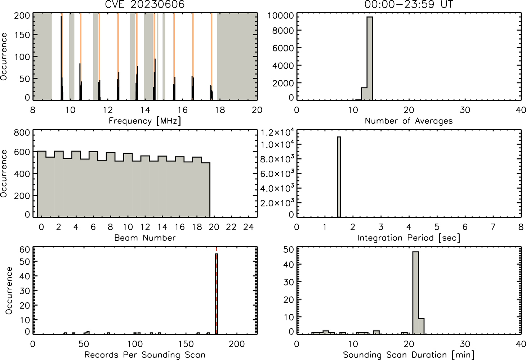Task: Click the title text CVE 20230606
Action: (x=145, y=4)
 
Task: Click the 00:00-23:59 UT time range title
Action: (x=409, y=4)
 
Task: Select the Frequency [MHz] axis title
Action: (x=145, y=121)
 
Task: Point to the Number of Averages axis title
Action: (x=409, y=121)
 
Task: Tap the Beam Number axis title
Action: (x=145, y=238)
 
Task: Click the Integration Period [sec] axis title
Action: (x=409, y=238)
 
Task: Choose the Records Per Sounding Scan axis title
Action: (x=145, y=355)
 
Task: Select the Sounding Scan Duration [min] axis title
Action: (x=409, y=355)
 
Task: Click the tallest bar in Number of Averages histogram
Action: (x=370, y=58)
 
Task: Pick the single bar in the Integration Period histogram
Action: (x=339, y=177)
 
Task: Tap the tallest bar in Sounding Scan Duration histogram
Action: (x=416, y=293)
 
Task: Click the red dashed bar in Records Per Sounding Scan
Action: (x=217, y=294)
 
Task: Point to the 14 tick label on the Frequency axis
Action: (x=145, y=110)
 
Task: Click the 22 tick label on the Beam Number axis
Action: (x=231, y=227)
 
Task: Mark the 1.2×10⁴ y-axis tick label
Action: (x=277, y=132)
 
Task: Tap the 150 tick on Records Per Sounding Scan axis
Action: (x=186, y=344)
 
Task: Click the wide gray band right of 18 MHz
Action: (x=237, y=56)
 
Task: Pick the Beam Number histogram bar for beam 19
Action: (x=206, y=190)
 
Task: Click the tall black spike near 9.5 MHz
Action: (x=61, y=58)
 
